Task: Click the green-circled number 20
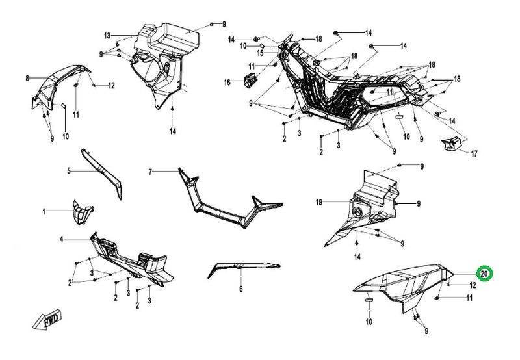pos(483,274)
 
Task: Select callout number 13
pos(108,34)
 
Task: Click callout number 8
pos(27,79)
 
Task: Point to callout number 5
pos(68,171)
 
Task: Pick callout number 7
pos(149,172)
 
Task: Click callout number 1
pos(45,212)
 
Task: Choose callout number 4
pos(62,240)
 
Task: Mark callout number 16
pos(227,82)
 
